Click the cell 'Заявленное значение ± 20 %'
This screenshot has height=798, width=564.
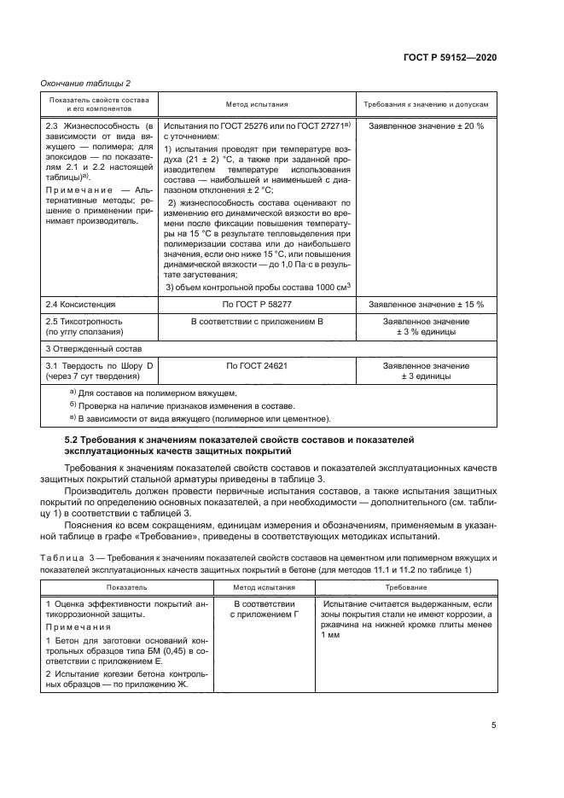pos(426,125)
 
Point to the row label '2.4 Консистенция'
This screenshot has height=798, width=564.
pos(79,304)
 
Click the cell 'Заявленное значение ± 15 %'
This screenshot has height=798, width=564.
pos(426,304)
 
